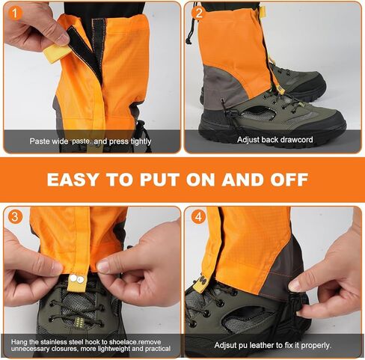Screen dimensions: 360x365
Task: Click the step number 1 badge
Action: coord(13,12)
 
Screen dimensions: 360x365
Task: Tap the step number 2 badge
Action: coord(197,12)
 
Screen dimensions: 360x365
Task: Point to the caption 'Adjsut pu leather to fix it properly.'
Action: coord(272,345)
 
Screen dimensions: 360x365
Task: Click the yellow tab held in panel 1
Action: coord(56,51)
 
